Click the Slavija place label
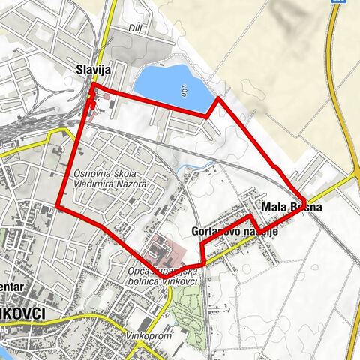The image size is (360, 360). click(x=94, y=70)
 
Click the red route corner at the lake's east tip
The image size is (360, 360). click(x=218, y=98)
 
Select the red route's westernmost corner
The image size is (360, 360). click(x=58, y=206)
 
